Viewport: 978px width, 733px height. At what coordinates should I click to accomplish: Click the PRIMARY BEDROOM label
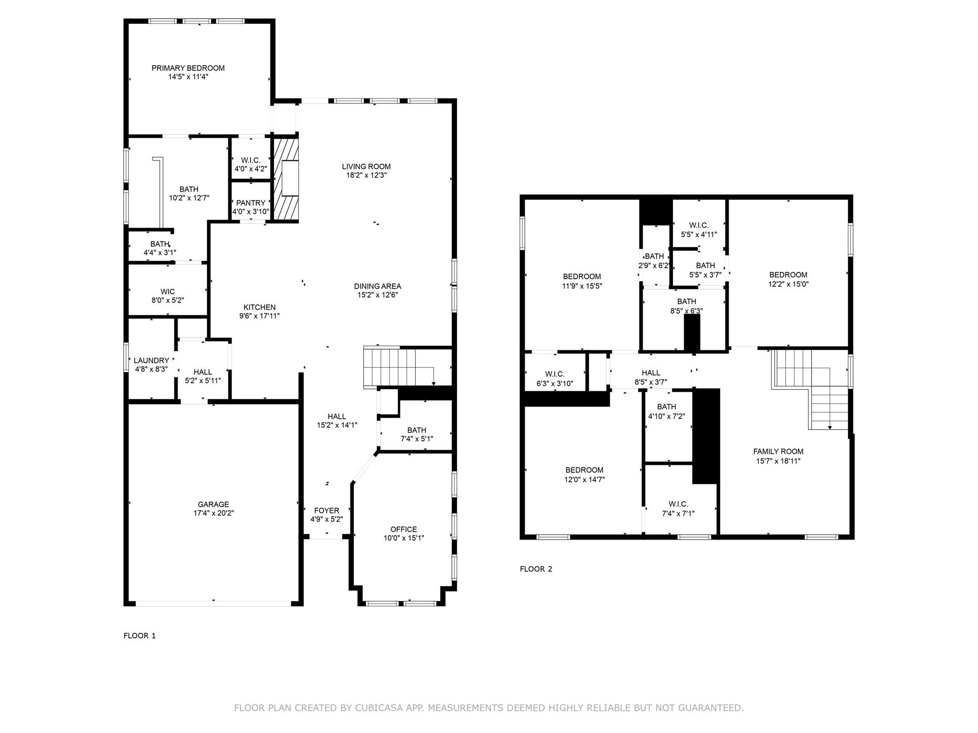[x=188, y=68]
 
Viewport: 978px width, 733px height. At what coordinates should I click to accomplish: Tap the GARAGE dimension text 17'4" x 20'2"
[x=213, y=513]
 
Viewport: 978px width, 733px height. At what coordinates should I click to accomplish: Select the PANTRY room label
[x=250, y=203]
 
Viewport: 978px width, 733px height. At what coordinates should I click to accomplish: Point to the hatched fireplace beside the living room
[x=286, y=179]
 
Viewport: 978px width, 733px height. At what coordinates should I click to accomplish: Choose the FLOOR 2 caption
[x=536, y=569]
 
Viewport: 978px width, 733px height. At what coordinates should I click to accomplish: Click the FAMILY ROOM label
[x=778, y=451]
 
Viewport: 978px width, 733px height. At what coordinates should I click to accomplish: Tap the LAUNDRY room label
[x=151, y=360]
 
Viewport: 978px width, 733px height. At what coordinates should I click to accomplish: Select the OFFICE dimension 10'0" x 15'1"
[x=404, y=538]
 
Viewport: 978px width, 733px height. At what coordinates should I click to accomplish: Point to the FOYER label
[x=327, y=511]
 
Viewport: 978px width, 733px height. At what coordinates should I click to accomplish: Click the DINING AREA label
[x=377, y=286]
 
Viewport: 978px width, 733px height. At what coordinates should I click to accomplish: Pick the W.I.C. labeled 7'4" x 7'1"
[x=678, y=509]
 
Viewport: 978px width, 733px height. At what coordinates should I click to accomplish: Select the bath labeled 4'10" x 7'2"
[x=666, y=411]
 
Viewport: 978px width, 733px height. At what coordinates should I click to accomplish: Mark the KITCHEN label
[x=259, y=307]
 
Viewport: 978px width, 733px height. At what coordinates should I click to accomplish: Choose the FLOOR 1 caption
[x=139, y=636]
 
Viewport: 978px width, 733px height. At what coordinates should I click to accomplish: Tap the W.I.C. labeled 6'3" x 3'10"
[x=554, y=378]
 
